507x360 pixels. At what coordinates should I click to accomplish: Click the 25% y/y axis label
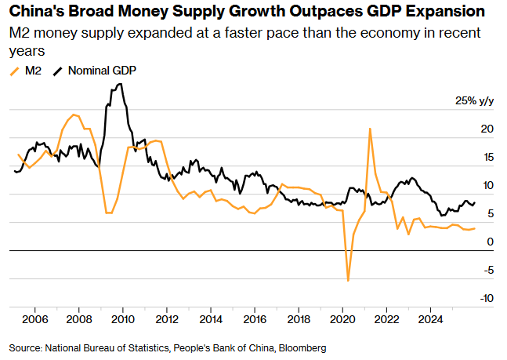(475, 100)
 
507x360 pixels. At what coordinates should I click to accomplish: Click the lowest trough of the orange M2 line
(348, 280)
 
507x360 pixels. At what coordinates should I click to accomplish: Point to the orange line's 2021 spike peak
(369, 129)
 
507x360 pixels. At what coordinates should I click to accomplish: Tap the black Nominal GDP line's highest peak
(119, 84)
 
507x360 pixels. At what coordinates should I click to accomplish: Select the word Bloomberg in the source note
(301, 347)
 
